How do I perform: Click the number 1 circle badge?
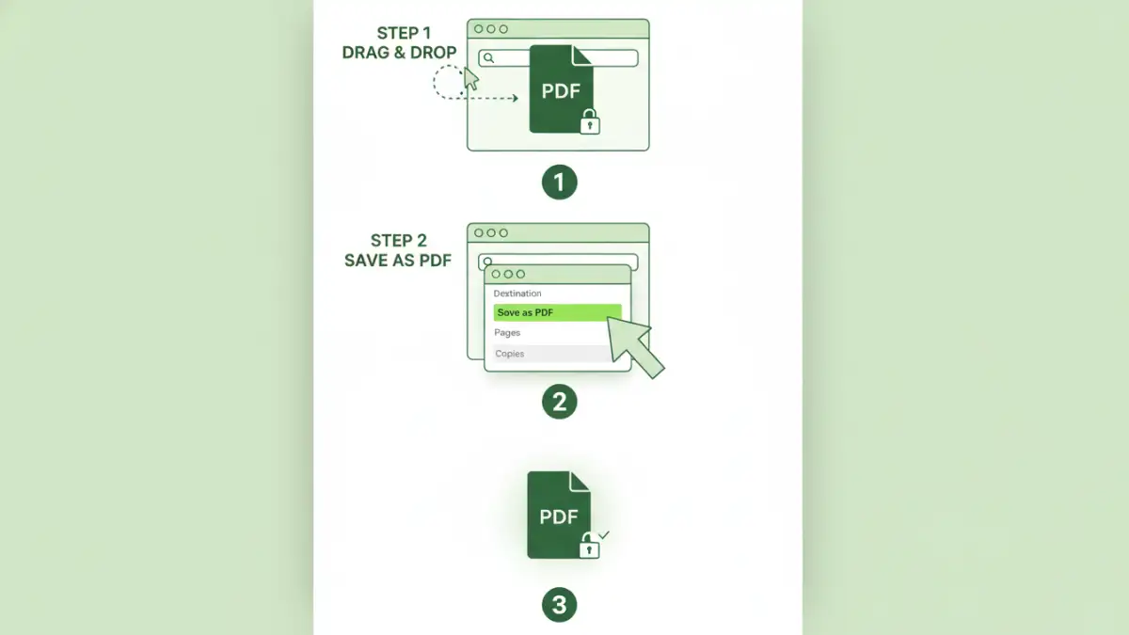coord(559,182)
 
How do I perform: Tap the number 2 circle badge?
coord(559,403)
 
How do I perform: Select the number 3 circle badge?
coord(559,605)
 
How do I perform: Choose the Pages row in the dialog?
coord(508,333)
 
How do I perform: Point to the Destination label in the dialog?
coord(517,294)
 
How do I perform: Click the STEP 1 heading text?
coord(404,34)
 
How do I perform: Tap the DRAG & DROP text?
coord(399,54)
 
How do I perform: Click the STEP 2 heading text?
coord(398,241)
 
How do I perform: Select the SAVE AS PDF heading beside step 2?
coord(397,261)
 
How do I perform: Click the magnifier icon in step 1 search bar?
coord(488,58)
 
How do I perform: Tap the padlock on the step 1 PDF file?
coord(589,122)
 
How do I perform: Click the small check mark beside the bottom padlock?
coord(604,534)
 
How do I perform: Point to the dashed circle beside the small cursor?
coord(447,82)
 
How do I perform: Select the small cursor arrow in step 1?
coord(470,79)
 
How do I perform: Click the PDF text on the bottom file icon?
coord(558,516)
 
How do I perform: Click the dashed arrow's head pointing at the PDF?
coord(514,98)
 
